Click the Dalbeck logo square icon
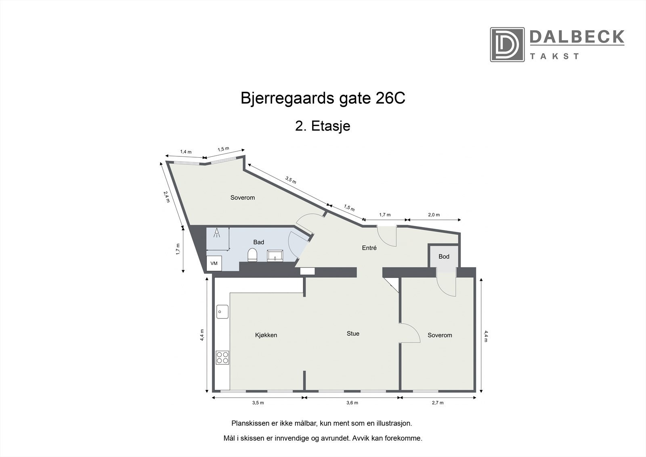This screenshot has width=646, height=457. pyautogui.click(x=507, y=44)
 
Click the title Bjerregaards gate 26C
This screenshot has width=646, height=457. pyautogui.click(x=323, y=99)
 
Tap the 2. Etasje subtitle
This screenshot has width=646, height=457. pyautogui.click(x=323, y=126)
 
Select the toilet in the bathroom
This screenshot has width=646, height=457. pyautogui.click(x=252, y=255)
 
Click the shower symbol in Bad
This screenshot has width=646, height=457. pyautogui.click(x=217, y=233)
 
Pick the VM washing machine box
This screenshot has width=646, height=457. pyautogui.click(x=214, y=263)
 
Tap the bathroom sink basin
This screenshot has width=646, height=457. pyautogui.click(x=275, y=255)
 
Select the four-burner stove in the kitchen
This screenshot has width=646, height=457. pyautogui.click(x=222, y=357)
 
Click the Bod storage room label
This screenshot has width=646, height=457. pyautogui.click(x=444, y=256)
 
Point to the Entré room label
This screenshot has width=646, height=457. pyautogui.click(x=369, y=248)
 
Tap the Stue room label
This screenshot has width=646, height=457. pyautogui.click(x=353, y=333)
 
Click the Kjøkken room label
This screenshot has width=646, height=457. pyautogui.click(x=266, y=335)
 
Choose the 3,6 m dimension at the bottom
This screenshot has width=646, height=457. pyautogui.click(x=352, y=403)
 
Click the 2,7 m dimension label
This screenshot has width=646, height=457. pyautogui.click(x=438, y=403)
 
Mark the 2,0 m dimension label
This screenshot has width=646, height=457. pyautogui.click(x=434, y=215)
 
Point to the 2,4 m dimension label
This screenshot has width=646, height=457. pyautogui.click(x=166, y=196)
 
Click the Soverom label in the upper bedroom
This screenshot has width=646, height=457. pyautogui.click(x=242, y=198)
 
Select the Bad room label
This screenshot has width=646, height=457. pyautogui.click(x=258, y=242)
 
